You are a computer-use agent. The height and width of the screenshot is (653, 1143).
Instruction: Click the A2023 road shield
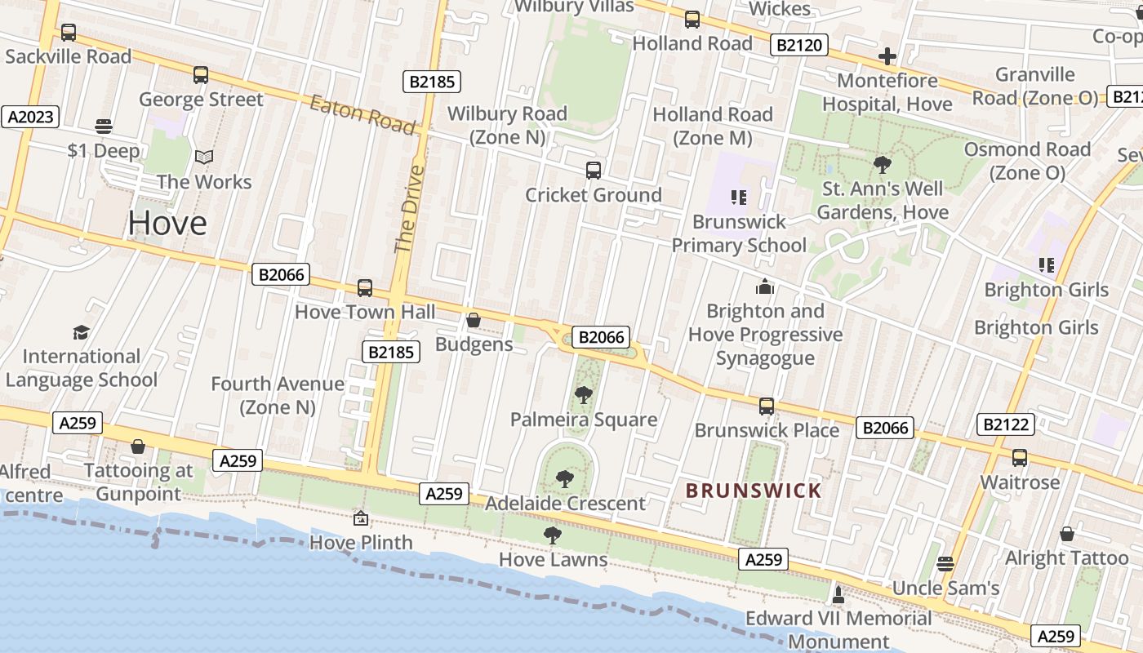coord(31,117)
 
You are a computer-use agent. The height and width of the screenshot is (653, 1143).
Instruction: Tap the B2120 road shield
coord(799,45)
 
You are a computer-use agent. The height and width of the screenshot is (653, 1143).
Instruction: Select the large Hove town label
coord(167,223)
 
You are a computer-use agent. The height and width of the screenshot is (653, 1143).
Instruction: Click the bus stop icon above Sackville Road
coord(69,33)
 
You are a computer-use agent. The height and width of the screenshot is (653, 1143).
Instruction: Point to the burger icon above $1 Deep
coord(103,127)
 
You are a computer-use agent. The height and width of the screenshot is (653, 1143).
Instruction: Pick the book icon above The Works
coord(204,157)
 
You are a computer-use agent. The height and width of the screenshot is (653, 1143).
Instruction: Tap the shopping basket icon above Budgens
coord(474,320)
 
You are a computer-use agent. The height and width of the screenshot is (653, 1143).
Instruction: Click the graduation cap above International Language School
coord(81,332)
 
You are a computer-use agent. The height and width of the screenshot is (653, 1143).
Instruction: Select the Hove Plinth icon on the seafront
coord(360,518)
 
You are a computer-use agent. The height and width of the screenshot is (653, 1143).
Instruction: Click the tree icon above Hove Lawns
coord(553,535)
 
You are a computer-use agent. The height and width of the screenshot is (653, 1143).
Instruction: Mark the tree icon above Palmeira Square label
coord(583,395)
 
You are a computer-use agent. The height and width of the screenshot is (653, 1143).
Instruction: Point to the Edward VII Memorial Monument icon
coord(838,593)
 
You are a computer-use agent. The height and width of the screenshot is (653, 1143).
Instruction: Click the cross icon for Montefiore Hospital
coord(887,56)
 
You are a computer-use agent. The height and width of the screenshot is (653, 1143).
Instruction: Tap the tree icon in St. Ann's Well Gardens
coord(883,165)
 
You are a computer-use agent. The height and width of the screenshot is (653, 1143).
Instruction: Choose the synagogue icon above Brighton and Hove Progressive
coord(765,287)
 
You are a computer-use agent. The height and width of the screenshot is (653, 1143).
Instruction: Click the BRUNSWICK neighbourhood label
coord(754,491)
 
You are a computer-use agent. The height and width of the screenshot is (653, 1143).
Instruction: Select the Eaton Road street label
coord(362,113)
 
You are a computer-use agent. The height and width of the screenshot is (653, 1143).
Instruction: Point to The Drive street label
coord(410,209)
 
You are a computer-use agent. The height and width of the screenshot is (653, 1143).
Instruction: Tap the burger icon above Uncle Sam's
coord(945,563)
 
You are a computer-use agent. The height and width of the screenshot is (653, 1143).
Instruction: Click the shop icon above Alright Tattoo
coord(1067,534)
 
